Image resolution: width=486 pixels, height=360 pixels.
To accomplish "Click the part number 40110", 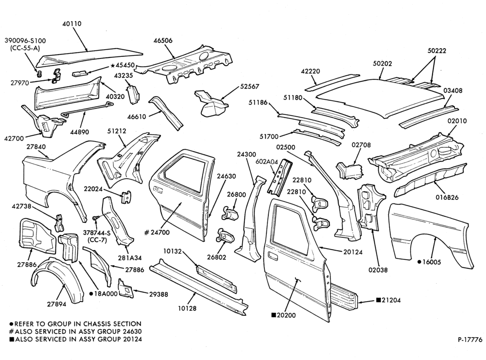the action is pos(71,24).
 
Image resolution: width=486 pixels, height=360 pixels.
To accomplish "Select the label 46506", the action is pos(163,41).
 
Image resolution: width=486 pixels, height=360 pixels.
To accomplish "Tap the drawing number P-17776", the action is pos(470,340).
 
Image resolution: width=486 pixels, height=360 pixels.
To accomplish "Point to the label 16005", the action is pos(432,262).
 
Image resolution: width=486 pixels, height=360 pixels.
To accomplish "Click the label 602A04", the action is pos(267,162).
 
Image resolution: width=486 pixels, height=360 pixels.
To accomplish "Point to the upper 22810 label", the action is pos(302,180).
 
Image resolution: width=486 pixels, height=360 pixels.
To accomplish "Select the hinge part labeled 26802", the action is pos(225,236).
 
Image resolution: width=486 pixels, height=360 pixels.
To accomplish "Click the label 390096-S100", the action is pos(25,41).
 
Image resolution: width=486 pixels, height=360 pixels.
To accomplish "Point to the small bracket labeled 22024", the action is pos(126,197).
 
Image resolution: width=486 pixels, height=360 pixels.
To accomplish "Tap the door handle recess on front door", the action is pos(273,256).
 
